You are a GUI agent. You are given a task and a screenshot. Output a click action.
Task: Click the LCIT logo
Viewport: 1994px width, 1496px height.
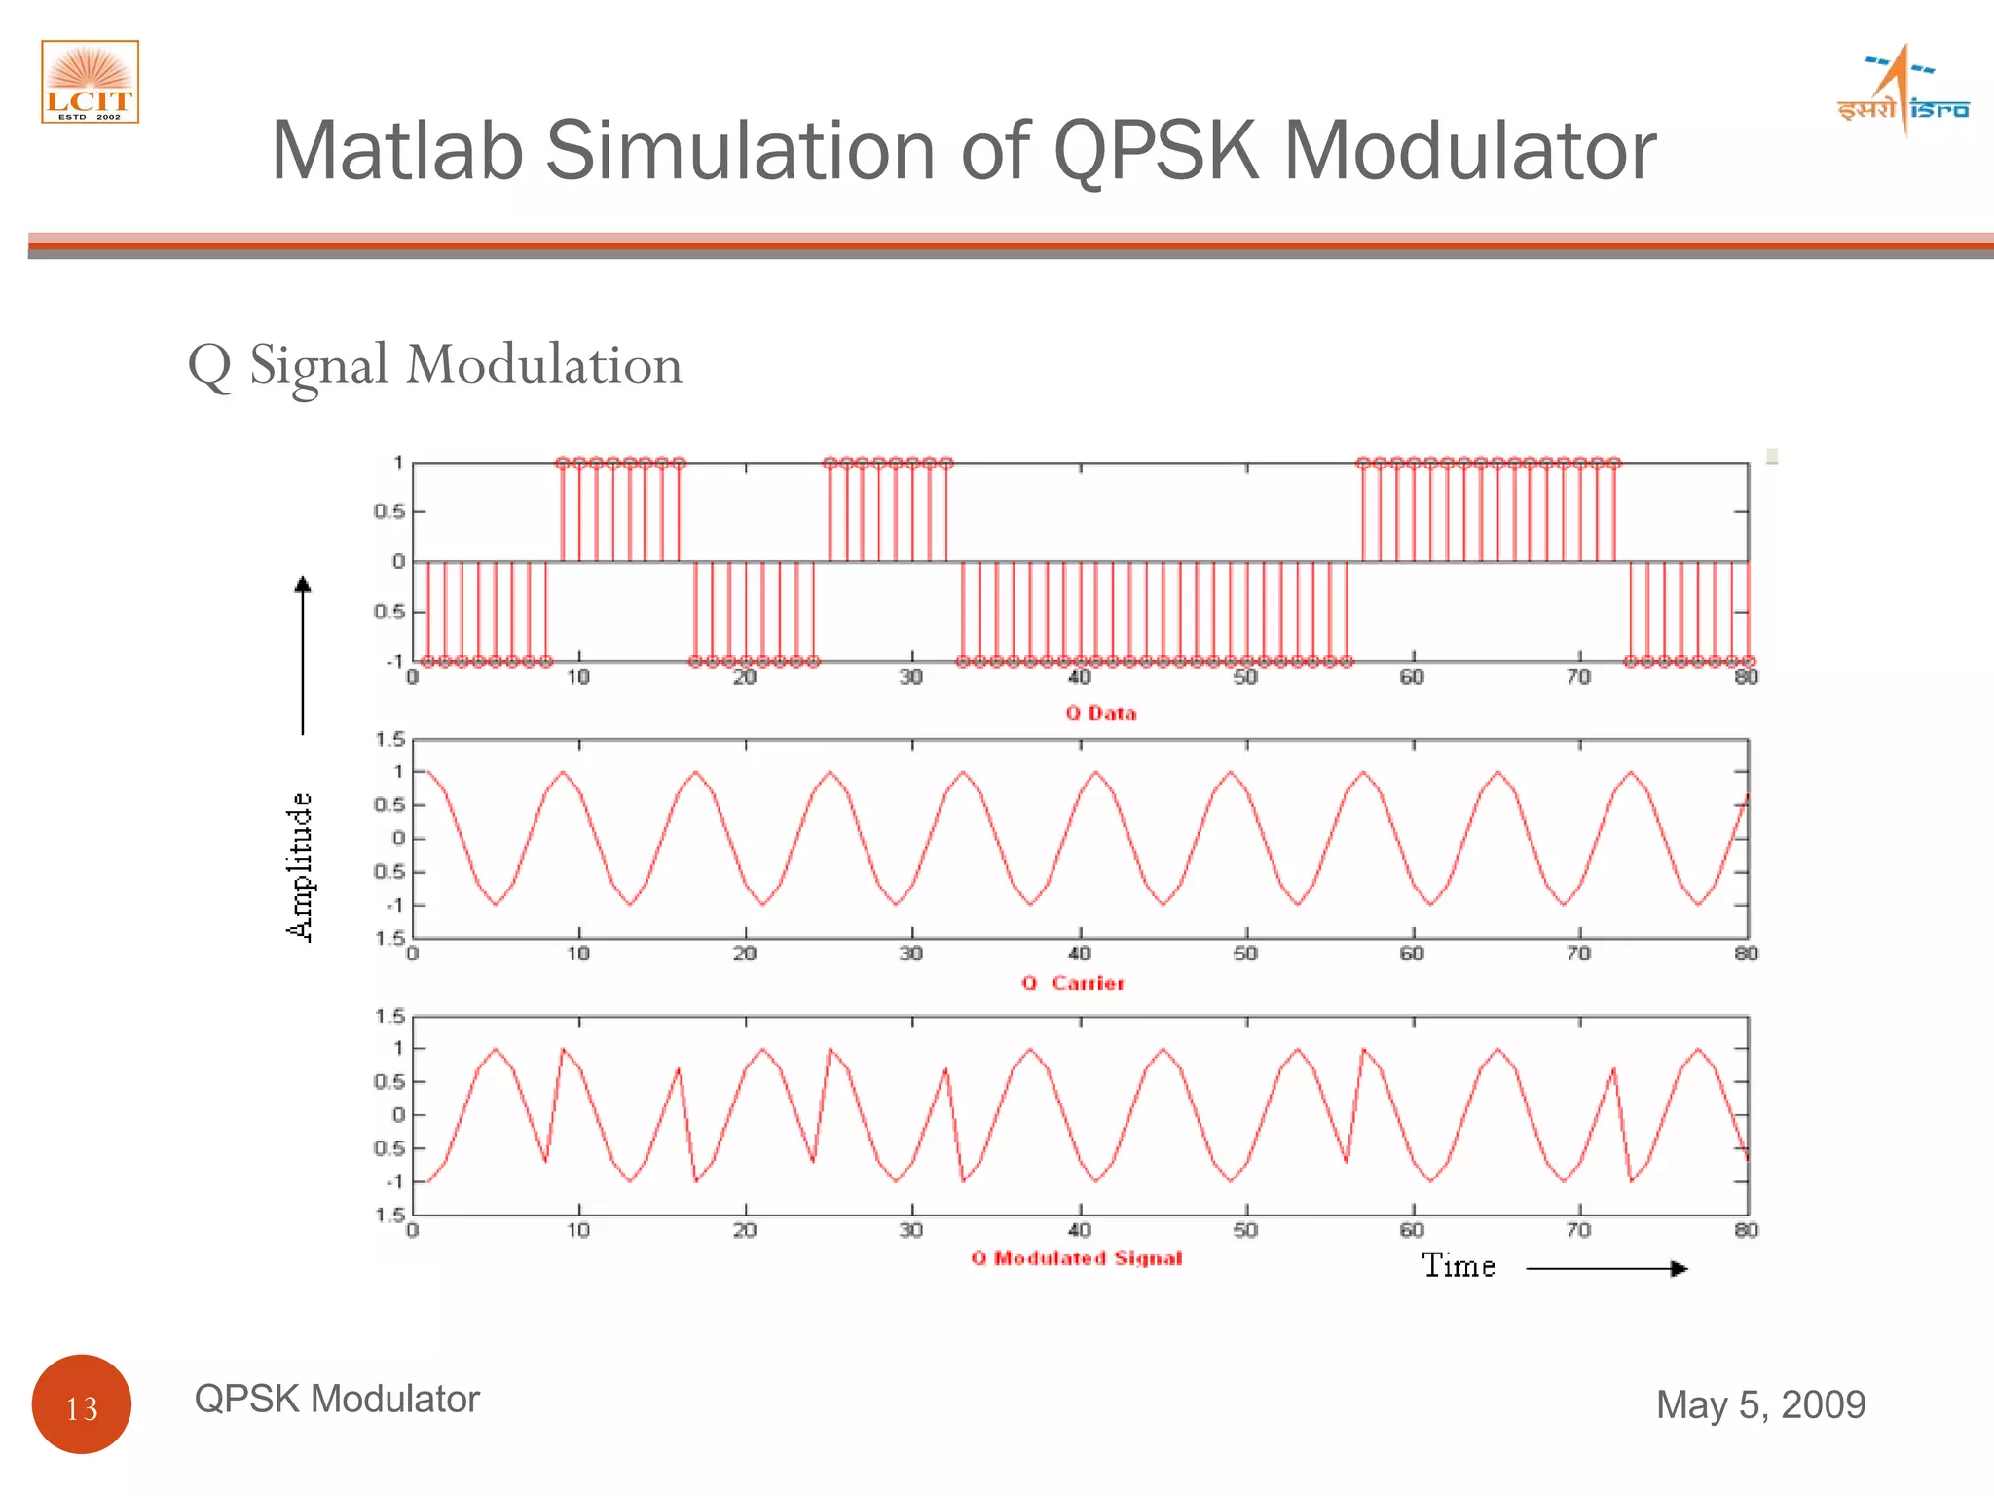click(90, 82)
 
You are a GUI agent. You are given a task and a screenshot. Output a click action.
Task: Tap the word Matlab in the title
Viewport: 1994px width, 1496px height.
click(397, 151)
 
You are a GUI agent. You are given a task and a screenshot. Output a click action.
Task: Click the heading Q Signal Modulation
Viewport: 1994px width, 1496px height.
click(435, 365)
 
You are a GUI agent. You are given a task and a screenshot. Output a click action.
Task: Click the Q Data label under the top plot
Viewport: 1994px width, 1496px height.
click(1100, 713)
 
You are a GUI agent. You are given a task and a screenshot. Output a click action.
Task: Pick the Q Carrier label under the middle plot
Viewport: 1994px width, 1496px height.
click(1073, 983)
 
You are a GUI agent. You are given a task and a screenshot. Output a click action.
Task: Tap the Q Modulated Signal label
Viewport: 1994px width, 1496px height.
click(1076, 1258)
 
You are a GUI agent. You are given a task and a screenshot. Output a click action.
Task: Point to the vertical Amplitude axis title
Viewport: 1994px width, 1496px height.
click(300, 866)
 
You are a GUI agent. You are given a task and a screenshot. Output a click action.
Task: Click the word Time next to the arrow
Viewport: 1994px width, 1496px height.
click(1458, 1266)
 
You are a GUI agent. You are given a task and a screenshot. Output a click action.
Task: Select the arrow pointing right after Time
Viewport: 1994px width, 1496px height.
click(1606, 1268)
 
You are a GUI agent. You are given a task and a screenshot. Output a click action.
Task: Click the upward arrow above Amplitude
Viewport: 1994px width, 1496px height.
click(303, 653)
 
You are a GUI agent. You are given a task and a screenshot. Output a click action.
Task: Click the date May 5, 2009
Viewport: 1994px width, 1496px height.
click(1760, 1404)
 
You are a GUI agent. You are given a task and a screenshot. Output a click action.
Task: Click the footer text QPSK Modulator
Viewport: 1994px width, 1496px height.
click(337, 1399)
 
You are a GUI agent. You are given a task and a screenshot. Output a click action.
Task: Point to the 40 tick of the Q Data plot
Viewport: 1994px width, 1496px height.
click(1079, 677)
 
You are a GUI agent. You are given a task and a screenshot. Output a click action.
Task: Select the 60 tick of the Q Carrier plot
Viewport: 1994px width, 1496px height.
click(1412, 953)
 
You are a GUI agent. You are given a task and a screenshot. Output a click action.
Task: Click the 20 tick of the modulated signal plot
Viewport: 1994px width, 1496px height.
click(745, 1230)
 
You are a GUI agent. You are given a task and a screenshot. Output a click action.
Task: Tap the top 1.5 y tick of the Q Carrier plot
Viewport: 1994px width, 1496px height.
click(389, 740)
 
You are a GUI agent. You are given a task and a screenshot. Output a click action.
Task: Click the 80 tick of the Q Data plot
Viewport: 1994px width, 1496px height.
click(1746, 677)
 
